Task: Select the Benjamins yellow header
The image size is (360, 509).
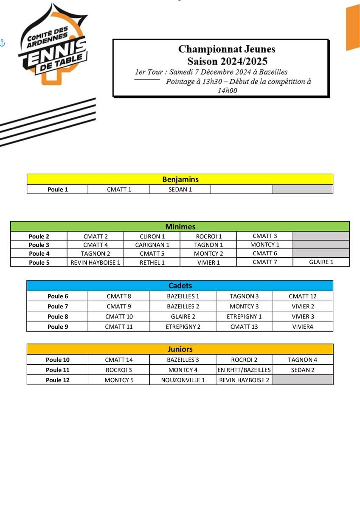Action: [x=180, y=179]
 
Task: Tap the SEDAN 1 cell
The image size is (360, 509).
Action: [x=180, y=190]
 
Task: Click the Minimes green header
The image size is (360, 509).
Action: [x=180, y=227]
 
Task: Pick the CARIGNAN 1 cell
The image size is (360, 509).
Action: [x=152, y=245]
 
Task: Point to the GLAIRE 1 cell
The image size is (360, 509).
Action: [x=321, y=262]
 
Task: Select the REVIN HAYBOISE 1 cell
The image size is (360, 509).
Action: [x=96, y=263]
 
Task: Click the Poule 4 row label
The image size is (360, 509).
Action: [x=39, y=254]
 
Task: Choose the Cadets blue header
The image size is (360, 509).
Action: [x=180, y=285]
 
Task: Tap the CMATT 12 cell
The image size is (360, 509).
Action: [x=302, y=296]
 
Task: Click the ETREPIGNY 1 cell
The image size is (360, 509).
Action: [x=244, y=317]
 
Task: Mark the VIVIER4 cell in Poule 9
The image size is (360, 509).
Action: [x=302, y=327]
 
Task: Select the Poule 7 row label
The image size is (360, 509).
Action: [x=58, y=307]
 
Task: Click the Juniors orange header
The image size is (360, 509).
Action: [x=180, y=349]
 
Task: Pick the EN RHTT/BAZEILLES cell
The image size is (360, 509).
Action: [x=244, y=370]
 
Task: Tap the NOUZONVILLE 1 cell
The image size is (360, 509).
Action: [x=183, y=380]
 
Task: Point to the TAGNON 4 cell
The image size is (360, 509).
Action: [x=302, y=360]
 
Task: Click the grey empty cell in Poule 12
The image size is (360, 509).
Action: [x=302, y=380]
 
